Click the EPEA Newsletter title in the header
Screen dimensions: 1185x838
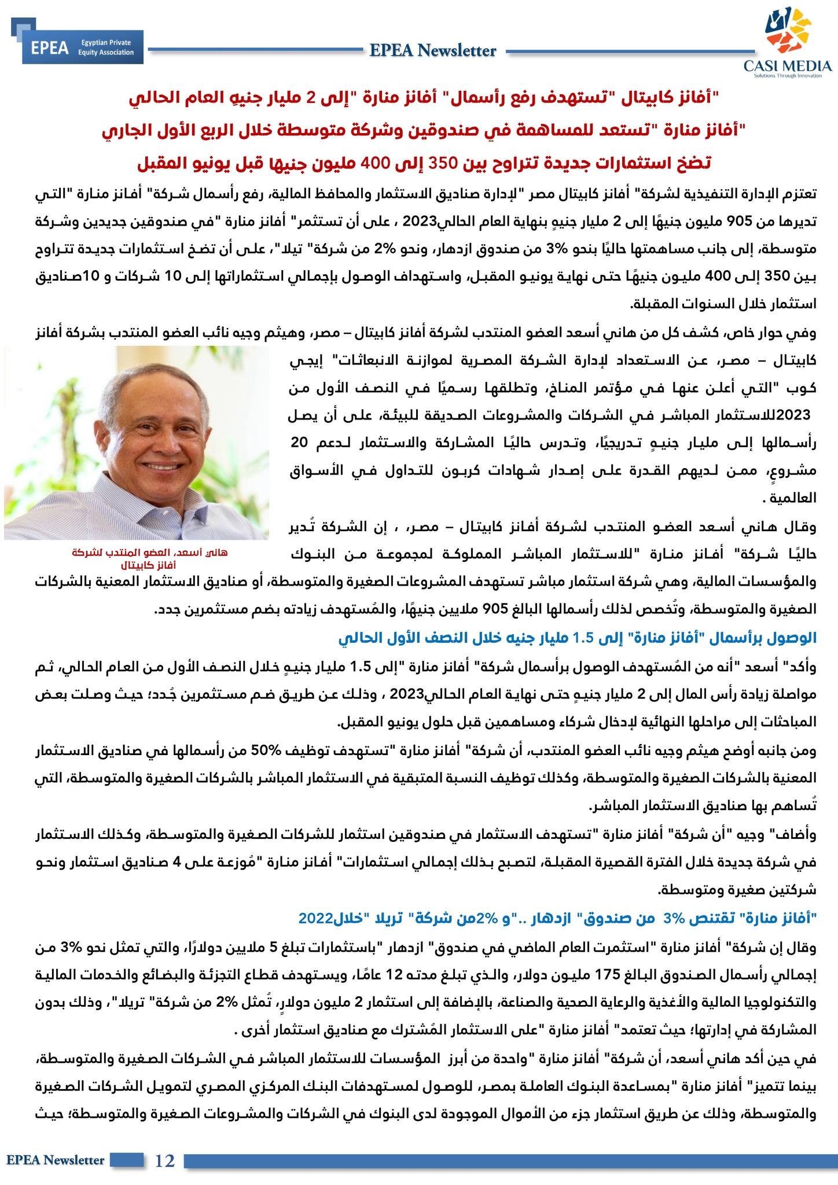coord(433,51)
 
